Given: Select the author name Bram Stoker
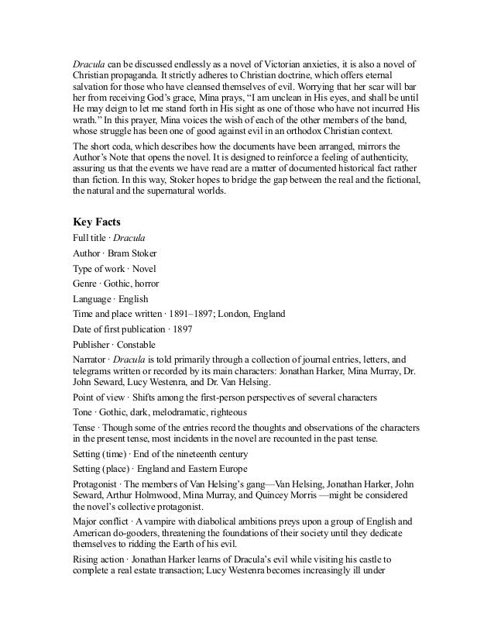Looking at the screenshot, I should point(132,253).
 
